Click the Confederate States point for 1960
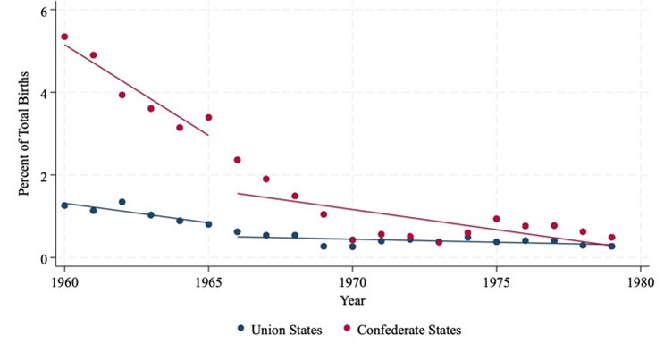point(64,37)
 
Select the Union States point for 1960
point(64,205)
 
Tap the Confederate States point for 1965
point(208,117)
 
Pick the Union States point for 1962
point(122,202)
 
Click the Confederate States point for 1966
point(238,160)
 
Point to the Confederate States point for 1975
point(497,219)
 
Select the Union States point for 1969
point(324,246)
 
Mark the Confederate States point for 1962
point(122,95)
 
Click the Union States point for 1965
point(208,224)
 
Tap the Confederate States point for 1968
point(295,196)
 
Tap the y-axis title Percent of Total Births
point(24,134)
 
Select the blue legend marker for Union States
point(241,329)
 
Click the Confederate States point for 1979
point(612,238)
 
